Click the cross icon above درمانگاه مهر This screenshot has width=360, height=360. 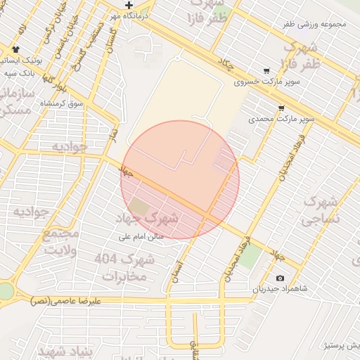click(129, 6)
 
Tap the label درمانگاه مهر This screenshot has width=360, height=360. click(129, 15)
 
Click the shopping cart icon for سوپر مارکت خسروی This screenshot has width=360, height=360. click(266, 71)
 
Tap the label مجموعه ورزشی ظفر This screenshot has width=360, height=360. click(314, 24)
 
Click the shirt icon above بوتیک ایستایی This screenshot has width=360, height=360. click(15, 50)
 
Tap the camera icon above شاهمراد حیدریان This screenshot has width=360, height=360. click(281, 278)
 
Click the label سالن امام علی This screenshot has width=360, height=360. click(140, 236)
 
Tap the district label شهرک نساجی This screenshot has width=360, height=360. click(321, 210)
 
